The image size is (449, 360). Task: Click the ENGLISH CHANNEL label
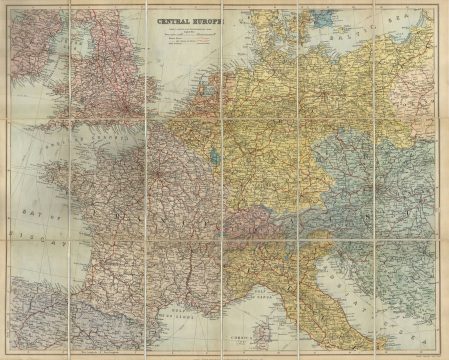pyautogui.click(x=85, y=135)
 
